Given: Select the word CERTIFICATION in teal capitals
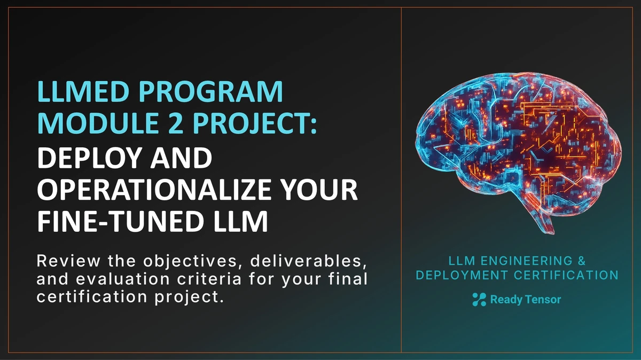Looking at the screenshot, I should tap(562, 275).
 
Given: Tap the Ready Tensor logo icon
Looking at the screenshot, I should tap(479, 300).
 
